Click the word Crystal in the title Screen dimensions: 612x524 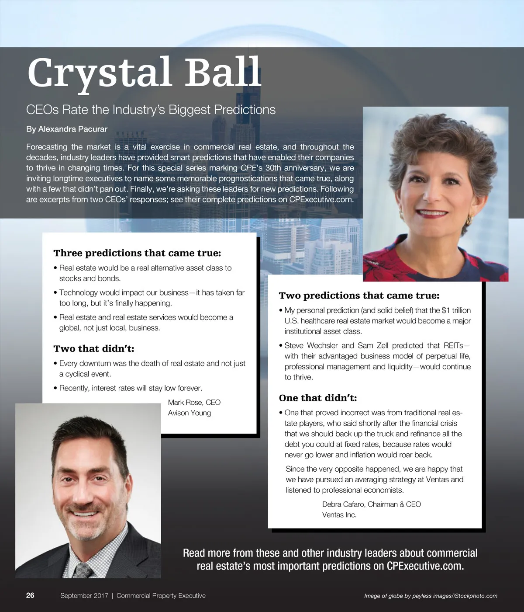tap(99, 73)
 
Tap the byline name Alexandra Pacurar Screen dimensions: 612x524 tap(72, 129)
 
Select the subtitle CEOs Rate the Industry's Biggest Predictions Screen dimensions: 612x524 tap(151, 109)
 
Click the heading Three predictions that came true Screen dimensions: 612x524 tap(137, 253)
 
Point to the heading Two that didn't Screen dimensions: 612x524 tap(94, 348)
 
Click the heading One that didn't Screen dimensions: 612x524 tap(318, 398)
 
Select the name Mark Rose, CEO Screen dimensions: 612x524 tap(194, 402)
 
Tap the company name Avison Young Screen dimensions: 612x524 tap(190, 413)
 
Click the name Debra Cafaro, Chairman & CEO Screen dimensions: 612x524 tap(371, 504)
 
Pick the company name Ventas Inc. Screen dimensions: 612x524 tap(339, 515)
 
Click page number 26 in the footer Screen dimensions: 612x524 tap(30, 595)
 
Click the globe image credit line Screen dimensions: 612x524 tap(431, 596)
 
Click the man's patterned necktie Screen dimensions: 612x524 tap(83, 570)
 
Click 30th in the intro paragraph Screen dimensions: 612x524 tap(272, 168)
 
